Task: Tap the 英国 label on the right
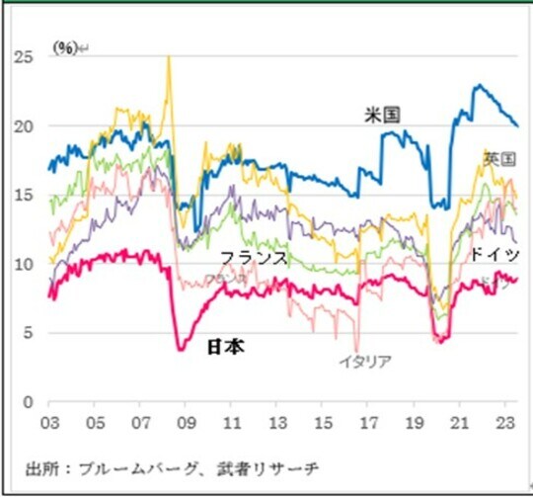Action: (x=499, y=158)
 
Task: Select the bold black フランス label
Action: (x=254, y=257)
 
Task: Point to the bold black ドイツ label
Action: (x=494, y=255)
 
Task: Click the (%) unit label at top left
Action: (x=65, y=46)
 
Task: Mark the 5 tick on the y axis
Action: (x=31, y=333)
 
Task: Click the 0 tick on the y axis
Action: (x=31, y=402)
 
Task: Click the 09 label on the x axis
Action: (x=185, y=423)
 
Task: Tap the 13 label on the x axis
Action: (x=276, y=423)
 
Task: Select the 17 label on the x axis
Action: (x=368, y=423)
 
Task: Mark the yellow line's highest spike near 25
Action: (x=168, y=57)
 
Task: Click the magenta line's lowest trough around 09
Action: (x=181, y=349)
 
